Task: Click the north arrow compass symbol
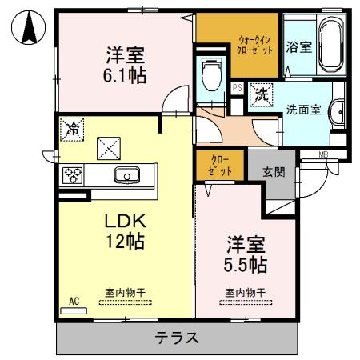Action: tap(29, 30)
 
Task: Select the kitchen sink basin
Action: tap(127, 175)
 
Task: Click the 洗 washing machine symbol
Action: tap(261, 94)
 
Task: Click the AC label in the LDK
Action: tap(73, 301)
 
